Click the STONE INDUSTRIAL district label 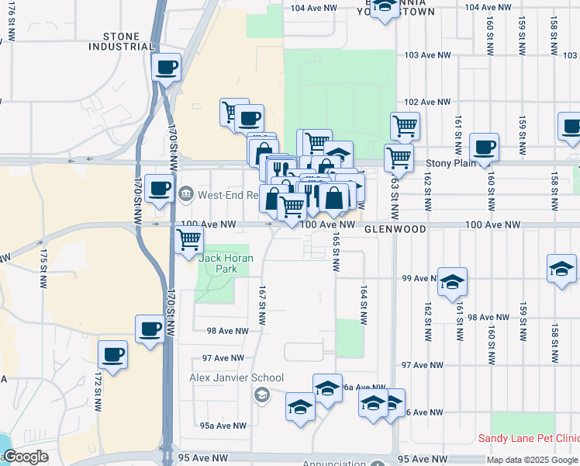pos(122,41)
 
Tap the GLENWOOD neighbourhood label pos(395,230)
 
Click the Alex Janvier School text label pos(236,378)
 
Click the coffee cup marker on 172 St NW pos(113,355)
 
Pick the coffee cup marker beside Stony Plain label pos(484,146)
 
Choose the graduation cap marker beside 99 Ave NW pos(452,281)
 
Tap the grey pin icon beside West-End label pos(186,193)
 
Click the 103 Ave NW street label pos(427,55)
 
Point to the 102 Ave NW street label pos(427,102)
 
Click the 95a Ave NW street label pos(223,426)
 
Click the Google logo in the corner pos(25,457)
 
